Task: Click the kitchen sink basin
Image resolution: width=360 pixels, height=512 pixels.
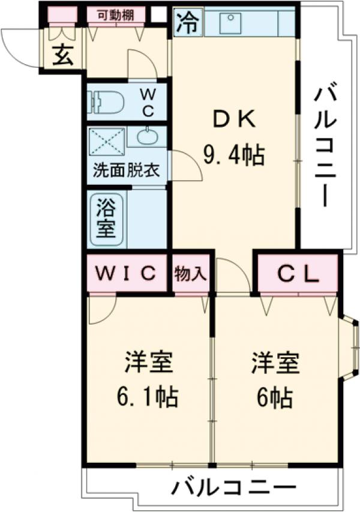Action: coord(230,23)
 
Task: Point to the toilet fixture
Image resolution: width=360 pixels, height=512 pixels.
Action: coord(107,101)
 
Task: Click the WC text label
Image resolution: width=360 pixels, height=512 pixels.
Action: coord(148,102)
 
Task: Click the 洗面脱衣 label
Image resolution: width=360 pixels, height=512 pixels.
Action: coord(126,169)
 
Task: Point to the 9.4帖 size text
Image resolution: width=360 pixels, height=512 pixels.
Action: coord(235,156)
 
